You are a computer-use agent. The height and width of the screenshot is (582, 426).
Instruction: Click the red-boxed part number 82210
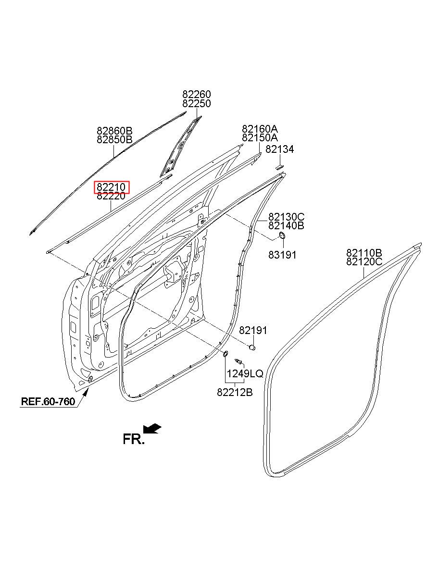point(111,187)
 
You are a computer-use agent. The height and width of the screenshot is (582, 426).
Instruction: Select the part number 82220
point(111,196)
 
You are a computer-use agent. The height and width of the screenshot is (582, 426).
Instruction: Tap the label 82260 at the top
point(196,94)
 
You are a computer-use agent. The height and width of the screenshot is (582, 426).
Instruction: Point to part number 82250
point(196,103)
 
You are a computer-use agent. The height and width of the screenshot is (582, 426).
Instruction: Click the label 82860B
point(114,131)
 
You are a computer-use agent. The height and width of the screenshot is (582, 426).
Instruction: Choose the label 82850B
point(114,139)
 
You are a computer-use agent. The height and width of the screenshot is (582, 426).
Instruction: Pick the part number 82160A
point(260,129)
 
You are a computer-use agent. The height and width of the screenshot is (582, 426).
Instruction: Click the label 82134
point(280,149)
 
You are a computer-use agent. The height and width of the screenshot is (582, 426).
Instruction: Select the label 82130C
point(286,217)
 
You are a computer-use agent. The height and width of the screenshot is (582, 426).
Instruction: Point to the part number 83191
point(282,255)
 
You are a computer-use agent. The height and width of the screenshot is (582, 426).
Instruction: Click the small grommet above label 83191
point(282,235)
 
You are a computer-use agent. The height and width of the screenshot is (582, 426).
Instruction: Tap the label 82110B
point(364,253)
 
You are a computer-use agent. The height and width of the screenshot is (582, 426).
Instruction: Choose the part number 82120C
point(364,261)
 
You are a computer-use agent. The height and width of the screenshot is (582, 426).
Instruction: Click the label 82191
point(253,331)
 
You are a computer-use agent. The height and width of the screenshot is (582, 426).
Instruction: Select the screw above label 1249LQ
point(238,361)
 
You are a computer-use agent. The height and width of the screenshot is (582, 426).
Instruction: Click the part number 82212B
point(235,392)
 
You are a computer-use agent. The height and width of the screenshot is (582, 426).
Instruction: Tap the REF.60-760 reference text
point(48,401)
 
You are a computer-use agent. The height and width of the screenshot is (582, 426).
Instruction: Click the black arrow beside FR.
point(152,428)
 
